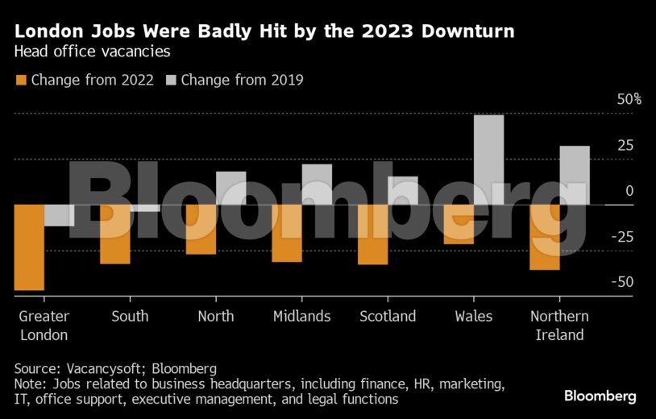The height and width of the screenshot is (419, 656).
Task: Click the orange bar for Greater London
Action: (x=29, y=247)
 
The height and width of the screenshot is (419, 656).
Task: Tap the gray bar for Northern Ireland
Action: (x=575, y=175)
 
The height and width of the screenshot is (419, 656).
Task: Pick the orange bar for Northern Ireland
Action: (x=545, y=237)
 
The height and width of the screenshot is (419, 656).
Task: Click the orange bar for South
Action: (x=115, y=234)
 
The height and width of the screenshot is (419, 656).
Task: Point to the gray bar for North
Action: (x=231, y=188)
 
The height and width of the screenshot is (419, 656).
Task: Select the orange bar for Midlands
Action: (x=287, y=233)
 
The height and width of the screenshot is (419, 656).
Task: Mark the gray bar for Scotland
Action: (x=403, y=190)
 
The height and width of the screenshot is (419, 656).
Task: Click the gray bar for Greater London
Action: (x=59, y=215)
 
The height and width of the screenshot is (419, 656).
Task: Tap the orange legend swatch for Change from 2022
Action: (x=21, y=80)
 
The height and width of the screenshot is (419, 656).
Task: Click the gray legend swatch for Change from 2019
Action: (x=171, y=80)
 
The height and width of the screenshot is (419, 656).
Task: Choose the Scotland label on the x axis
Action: (x=388, y=316)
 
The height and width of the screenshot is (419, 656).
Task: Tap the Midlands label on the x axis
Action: (x=301, y=316)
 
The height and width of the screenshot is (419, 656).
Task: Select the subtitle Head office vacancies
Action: (x=92, y=52)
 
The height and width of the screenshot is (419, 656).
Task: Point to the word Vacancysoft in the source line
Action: (x=101, y=367)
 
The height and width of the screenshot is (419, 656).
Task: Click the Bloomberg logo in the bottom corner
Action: (x=600, y=396)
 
